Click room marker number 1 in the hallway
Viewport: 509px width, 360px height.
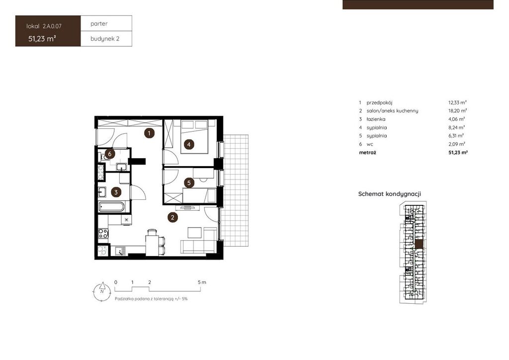point(149,133)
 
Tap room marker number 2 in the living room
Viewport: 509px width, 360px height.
point(172,217)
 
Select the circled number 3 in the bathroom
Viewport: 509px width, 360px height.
point(116,192)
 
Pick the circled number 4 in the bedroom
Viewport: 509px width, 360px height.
point(189,144)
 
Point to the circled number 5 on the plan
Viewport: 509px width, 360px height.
point(189,183)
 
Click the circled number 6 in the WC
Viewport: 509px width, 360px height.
point(110,154)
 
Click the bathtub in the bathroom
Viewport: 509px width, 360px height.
point(111,207)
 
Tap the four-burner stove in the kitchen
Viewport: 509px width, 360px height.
point(103,233)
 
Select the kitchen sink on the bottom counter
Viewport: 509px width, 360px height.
point(120,251)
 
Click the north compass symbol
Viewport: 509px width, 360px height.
point(102,291)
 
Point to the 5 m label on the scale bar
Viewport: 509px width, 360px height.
point(202,282)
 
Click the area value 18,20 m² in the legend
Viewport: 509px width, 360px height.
point(458,111)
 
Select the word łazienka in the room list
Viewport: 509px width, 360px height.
point(376,119)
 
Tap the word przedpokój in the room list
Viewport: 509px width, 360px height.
point(379,102)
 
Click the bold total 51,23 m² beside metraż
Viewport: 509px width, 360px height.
point(458,152)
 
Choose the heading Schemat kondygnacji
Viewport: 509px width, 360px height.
point(390,194)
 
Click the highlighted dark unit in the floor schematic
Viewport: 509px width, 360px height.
point(419,245)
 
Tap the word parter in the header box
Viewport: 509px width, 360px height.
point(99,24)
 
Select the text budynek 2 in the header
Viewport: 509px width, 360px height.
point(105,39)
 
